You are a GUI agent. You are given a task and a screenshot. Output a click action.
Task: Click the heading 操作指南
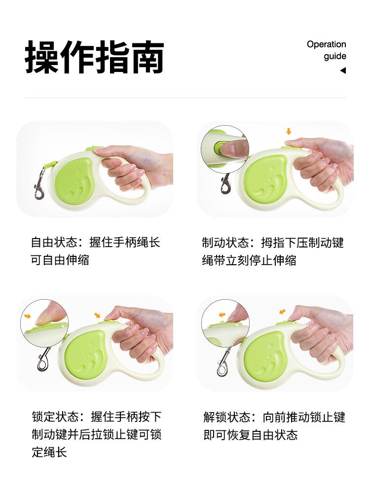point(94,57)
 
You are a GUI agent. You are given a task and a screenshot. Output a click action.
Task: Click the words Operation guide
point(327,50)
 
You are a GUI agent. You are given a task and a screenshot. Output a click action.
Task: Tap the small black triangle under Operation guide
point(343,70)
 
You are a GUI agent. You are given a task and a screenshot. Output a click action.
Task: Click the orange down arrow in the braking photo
point(289,131)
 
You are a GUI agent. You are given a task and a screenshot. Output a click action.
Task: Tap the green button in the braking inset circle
point(219,148)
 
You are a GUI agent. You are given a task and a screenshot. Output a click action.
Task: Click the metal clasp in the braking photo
point(226,183)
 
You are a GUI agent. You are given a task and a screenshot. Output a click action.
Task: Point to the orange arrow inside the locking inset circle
point(28,316)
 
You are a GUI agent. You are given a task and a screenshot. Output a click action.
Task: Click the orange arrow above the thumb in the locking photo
point(98,315)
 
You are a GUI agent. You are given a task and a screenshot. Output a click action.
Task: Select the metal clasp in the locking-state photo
point(43,359)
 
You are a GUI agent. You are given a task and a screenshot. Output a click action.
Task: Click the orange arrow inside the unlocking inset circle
point(222,315)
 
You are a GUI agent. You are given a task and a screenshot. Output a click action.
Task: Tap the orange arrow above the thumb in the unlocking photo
point(282,312)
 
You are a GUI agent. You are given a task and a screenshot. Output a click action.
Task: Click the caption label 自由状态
point(54,242)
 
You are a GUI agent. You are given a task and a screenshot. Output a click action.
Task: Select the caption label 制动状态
point(225,243)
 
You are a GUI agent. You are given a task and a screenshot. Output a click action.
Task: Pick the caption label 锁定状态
point(55,417)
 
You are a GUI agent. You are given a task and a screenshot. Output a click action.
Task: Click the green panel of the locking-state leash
point(85,355)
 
